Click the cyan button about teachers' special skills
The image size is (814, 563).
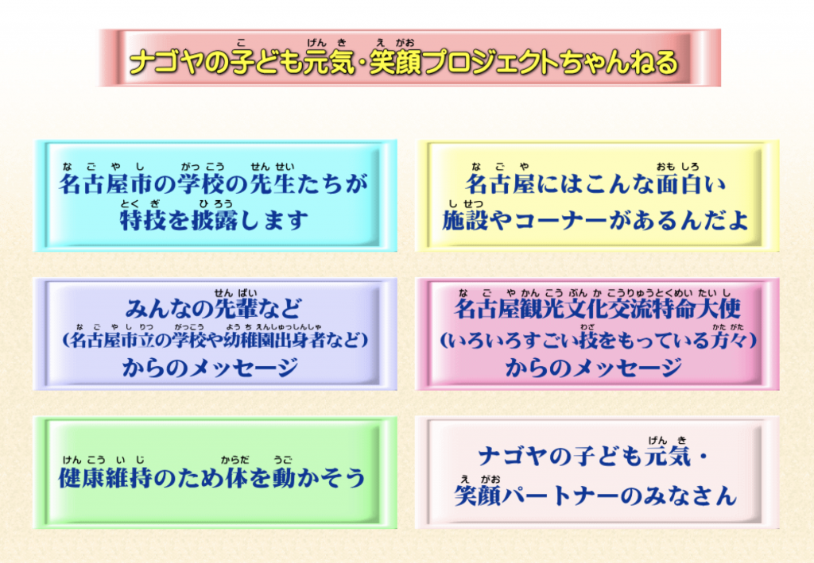215,195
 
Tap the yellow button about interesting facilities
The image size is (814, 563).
597,195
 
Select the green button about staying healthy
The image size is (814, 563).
215,472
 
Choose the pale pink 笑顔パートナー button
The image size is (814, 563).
597,472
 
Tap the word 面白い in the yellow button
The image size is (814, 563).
691,184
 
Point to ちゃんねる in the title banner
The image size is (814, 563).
618,63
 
